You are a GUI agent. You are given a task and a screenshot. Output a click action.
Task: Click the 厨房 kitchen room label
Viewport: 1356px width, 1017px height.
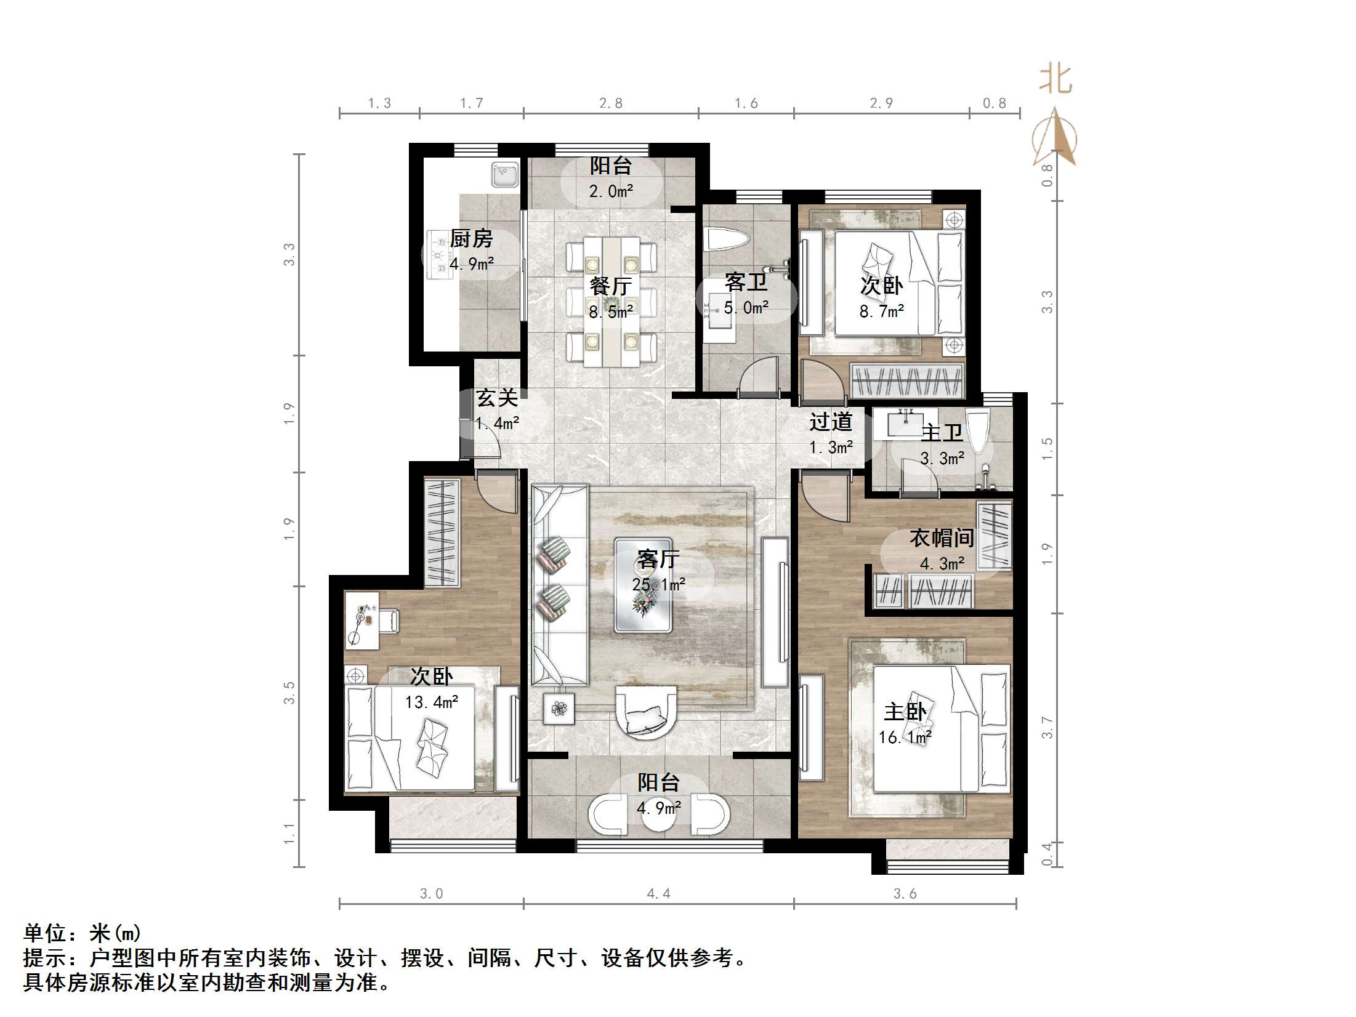[471, 239]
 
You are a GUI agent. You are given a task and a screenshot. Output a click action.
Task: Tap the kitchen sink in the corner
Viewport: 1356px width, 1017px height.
[506, 174]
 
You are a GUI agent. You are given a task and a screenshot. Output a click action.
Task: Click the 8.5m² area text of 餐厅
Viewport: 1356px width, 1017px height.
[610, 312]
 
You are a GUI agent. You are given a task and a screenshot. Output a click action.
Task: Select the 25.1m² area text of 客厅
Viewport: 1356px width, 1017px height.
[658, 584]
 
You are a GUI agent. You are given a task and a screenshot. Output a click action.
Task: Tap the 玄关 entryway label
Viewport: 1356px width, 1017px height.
[497, 398]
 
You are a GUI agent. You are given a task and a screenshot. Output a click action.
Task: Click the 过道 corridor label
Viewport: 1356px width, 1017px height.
[831, 422]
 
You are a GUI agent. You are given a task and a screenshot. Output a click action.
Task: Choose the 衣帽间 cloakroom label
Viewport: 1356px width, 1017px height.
[942, 538]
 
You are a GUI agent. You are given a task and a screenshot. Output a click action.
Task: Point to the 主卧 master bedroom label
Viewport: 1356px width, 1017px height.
[905, 712]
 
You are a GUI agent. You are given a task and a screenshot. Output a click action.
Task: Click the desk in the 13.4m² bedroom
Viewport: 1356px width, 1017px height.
[362, 619]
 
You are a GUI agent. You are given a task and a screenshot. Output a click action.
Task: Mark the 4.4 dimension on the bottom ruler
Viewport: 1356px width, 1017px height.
[658, 893]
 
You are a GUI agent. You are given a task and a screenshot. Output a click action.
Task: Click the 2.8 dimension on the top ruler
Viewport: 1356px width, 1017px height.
[611, 103]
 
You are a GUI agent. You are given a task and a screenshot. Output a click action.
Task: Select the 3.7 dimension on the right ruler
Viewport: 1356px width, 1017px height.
[1047, 728]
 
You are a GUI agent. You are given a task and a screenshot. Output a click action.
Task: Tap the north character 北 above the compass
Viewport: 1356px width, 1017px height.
[1055, 80]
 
